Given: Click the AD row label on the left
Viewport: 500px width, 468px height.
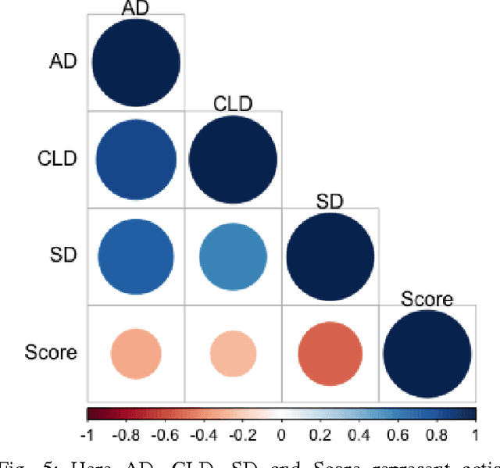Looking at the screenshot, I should (x=63, y=61).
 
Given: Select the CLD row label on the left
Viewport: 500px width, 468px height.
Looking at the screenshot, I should (x=58, y=159).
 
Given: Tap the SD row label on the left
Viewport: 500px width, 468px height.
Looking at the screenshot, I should (x=63, y=255).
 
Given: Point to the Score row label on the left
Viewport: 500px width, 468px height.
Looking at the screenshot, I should (x=51, y=352).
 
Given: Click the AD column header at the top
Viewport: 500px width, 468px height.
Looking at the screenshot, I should (x=136, y=7).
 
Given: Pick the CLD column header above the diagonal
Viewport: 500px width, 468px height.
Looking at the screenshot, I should (x=233, y=104).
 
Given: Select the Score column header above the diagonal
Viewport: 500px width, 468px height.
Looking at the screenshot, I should (x=427, y=298).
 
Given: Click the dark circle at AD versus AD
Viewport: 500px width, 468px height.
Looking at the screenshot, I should (x=136, y=62).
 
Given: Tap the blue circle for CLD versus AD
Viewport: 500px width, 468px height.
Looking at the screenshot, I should (x=136, y=159).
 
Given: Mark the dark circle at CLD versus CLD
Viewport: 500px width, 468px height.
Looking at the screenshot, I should (x=233, y=159).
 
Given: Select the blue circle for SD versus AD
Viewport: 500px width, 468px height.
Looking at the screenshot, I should (x=136, y=256).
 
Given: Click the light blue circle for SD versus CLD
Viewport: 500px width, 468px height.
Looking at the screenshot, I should (x=233, y=256).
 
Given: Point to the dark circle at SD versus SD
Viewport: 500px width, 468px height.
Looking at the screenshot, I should (x=330, y=256).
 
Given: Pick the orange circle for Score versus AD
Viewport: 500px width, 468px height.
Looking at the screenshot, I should (x=136, y=354).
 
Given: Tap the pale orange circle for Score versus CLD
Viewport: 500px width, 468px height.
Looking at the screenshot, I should (x=233, y=354).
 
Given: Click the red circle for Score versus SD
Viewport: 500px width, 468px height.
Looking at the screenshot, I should (x=330, y=354).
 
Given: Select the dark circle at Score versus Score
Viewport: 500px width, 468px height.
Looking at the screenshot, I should (x=427, y=354).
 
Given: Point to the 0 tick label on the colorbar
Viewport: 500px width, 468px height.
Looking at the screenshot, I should (x=282, y=434).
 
